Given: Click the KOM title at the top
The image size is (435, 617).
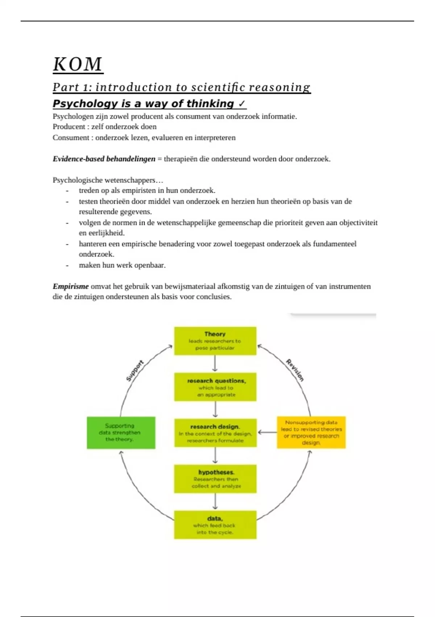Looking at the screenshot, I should pyautogui.click(x=78, y=65).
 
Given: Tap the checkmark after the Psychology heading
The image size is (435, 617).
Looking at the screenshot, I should pyautogui.click(x=242, y=104).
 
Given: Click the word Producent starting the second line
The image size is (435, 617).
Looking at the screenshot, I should pyautogui.click(x=69, y=127).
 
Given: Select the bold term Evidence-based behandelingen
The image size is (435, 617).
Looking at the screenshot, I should pyautogui.click(x=104, y=159).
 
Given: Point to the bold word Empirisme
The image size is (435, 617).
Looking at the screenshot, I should pyautogui.click(x=70, y=286).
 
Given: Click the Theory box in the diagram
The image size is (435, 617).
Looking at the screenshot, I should pyautogui.click(x=215, y=341).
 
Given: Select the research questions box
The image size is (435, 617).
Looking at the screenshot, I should pyautogui.click(x=215, y=387).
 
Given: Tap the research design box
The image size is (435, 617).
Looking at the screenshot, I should pyautogui.click(x=215, y=433).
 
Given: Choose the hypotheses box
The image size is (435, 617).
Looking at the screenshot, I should pyautogui.click(x=215, y=479).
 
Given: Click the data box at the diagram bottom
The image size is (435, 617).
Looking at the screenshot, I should pyautogui.click(x=215, y=525).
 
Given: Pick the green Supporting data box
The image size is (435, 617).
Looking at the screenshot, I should pyautogui.click(x=121, y=433).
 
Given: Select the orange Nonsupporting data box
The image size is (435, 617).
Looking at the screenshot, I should pyautogui.click(x=311, y=432).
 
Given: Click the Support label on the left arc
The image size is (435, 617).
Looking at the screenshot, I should pyautogui.click(x=134, y=371).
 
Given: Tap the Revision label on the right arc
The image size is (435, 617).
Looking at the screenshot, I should pyautogui.click(x=295, y=370).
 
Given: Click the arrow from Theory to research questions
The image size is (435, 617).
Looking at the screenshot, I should pyautogui.click(x=215, y=364).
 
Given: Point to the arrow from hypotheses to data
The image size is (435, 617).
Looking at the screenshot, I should pyautogui.click(x=215, y=502).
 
